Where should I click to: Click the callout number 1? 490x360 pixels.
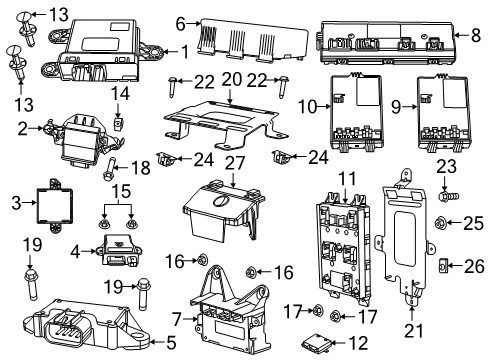(x=183, y=51)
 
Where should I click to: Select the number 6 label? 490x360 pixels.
(x=182, y=21)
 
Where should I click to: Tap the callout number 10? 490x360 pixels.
(x=309, y=105)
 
